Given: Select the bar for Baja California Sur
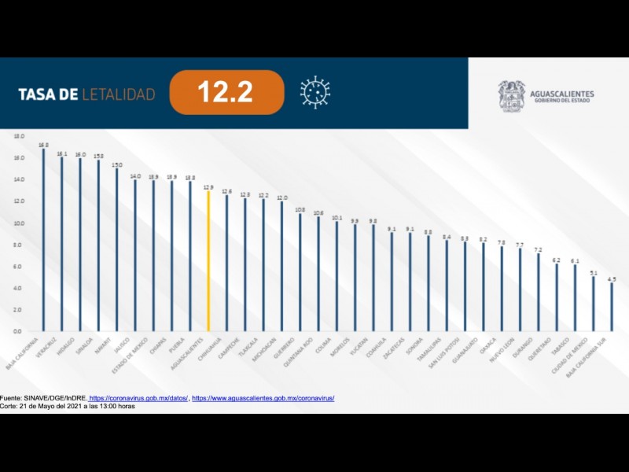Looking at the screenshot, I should (612, 307).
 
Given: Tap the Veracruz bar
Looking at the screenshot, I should (61, 244).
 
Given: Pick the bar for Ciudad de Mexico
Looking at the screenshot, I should (594, 304).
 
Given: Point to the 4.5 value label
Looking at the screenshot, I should (612, 279).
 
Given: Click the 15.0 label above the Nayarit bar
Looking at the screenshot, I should (116, 165).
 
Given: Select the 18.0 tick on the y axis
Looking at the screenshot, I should (19, 136).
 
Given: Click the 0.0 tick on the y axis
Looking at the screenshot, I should (19, 331).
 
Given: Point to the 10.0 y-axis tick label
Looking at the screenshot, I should (19, 223).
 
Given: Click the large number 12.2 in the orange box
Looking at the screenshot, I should (225, 93).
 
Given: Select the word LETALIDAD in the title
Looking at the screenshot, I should (119, 94).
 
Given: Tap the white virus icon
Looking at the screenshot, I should (314, 92).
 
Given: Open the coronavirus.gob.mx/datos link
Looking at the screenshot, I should (138, 398).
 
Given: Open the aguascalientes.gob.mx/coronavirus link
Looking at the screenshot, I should (263, 398).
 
